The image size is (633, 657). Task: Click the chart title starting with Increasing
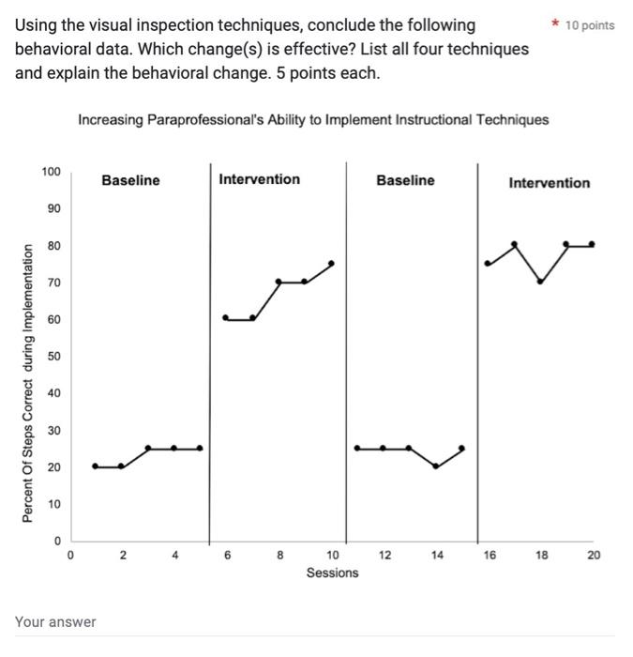(313, 120)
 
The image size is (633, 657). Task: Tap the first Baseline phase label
(130, 180)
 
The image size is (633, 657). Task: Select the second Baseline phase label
(405, 180)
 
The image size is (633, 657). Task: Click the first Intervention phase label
(259, 179)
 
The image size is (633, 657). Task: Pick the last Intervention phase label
(549, 183)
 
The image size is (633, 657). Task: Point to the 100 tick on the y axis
(51, 172)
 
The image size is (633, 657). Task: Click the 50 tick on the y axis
(53, 357)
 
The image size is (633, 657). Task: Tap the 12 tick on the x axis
(385, 556)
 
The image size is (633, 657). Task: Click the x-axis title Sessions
(332, 573)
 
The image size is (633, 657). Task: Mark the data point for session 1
(95, 466)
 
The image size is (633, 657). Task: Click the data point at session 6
(225, 318)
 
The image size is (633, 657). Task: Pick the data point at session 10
(331, 263)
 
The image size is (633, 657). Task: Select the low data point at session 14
(436, 466)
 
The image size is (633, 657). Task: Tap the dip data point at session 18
(540, 281)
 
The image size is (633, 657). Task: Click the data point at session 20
(593, 244)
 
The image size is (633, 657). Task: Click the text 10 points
(590, 25)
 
